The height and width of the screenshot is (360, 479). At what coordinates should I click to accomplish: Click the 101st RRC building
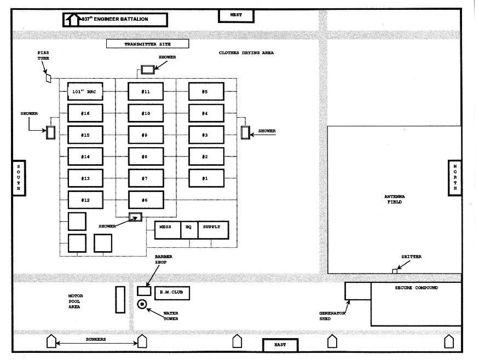(85, 91)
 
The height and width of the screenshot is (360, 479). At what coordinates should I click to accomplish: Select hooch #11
(146, 91)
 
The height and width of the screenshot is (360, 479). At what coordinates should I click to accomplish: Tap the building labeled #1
(206, 178)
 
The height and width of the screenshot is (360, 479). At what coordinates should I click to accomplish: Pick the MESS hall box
(168, 230)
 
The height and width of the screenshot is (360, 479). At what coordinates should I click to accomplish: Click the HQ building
(189, 230)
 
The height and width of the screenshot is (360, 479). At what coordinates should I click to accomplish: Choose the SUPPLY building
(213, 230)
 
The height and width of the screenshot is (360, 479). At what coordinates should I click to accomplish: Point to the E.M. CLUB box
(172, 293)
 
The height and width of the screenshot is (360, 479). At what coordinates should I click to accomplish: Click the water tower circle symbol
(142, 304)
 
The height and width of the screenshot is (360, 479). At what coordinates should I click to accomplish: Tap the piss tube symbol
(48, 78)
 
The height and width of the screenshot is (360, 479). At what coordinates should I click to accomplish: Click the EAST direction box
(280, 345)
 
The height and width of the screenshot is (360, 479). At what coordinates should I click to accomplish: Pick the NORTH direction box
(455, 178)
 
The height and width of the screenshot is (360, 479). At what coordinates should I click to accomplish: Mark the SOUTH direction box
(19, 178)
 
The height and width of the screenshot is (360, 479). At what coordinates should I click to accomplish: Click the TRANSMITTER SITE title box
(148, 44)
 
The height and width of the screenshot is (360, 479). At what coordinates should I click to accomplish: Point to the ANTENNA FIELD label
(394, 199)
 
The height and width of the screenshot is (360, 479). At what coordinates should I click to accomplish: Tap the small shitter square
(395, 271)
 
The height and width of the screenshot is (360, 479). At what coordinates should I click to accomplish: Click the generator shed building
(358, 291)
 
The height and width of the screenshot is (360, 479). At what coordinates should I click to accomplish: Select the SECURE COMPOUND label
(417, 288)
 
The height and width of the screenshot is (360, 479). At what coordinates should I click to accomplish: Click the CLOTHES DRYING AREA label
(246, 53)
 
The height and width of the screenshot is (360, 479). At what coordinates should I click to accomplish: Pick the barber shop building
(144, 291)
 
